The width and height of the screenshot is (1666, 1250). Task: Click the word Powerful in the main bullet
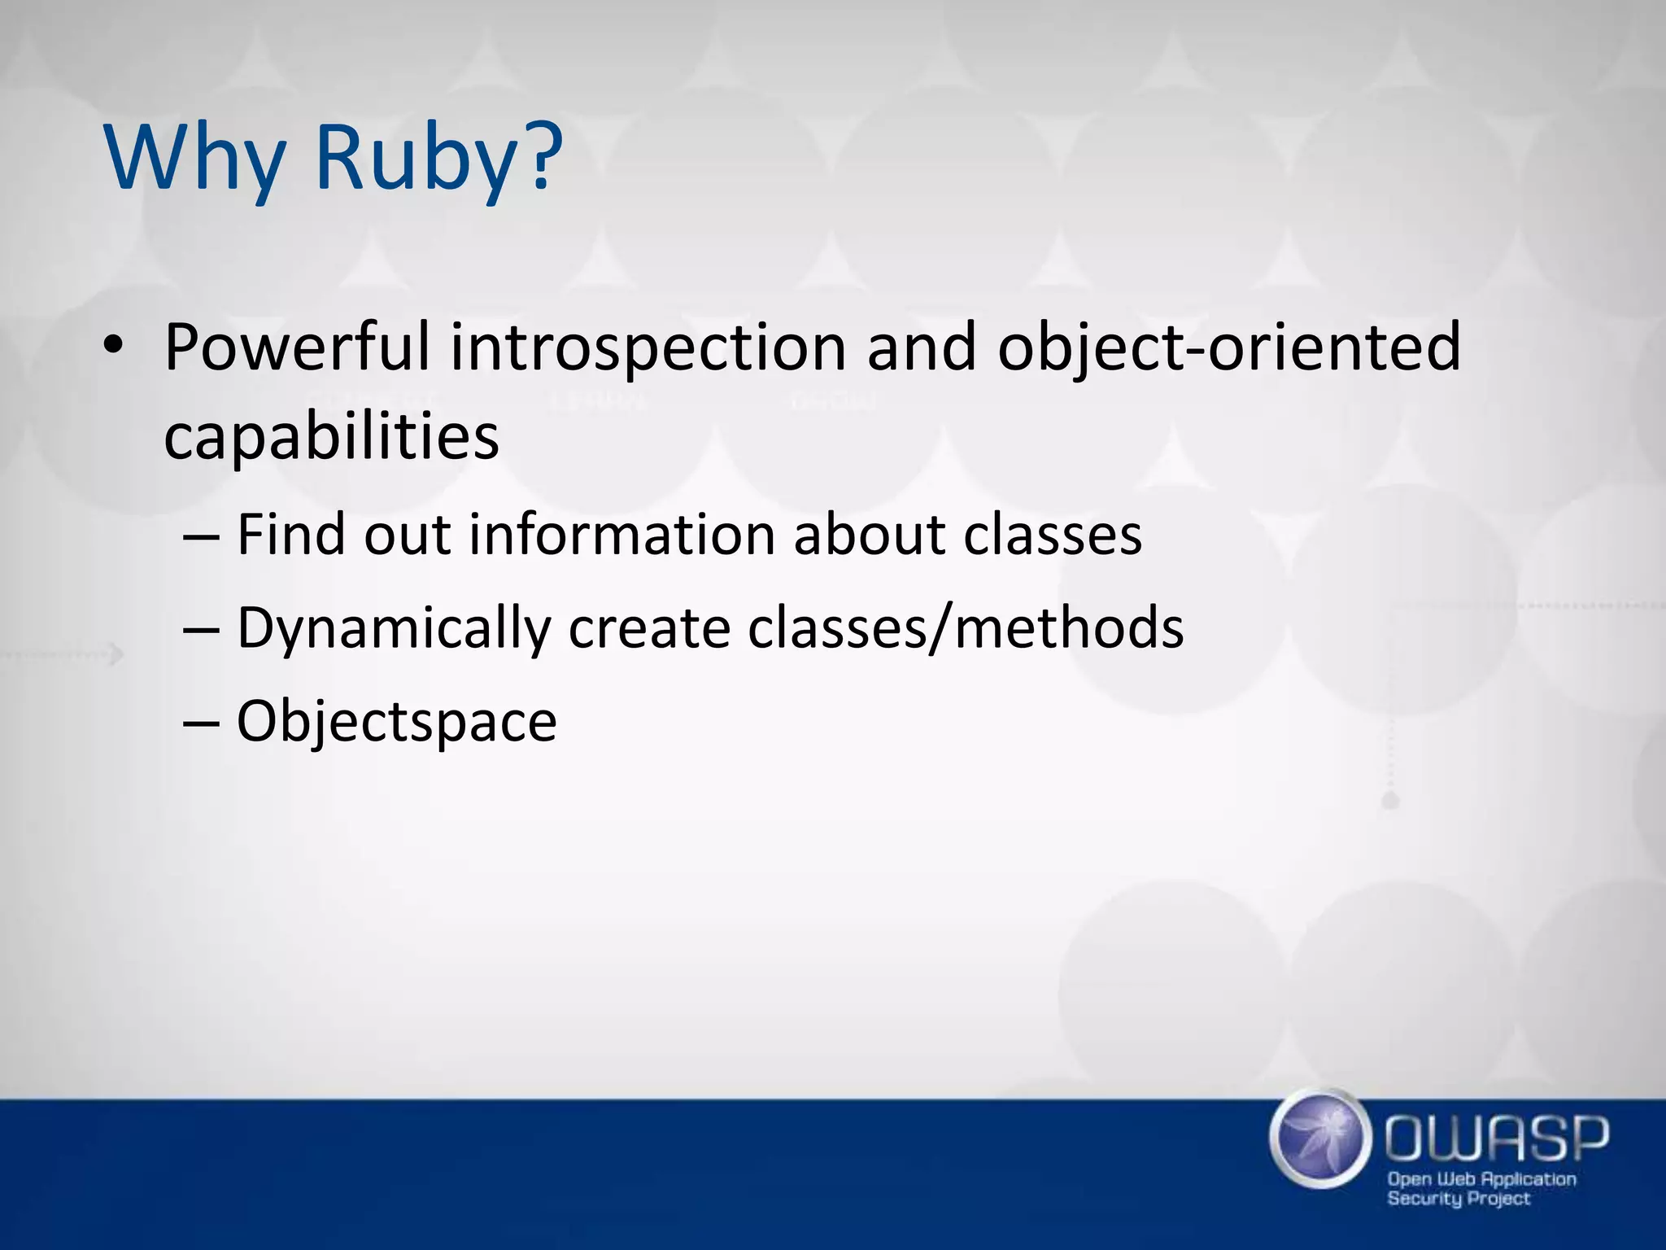tap(296, 347)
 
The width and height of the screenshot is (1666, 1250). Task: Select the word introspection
tap(648, 347)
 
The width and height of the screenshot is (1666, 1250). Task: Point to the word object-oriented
tap(1229, 347)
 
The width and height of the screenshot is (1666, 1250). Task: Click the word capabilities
tap(331, 437)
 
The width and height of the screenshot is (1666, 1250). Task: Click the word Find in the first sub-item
tap(291, 535)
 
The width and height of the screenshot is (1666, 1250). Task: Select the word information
tap(622, 535)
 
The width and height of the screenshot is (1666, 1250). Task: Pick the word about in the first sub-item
tap(870, 535)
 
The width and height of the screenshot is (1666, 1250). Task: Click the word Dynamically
tap(394, 628)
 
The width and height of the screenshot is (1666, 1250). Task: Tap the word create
tap(649, 628)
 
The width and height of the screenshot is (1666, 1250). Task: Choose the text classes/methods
tap(966, 628)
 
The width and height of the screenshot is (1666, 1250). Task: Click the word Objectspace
tap(396, 722)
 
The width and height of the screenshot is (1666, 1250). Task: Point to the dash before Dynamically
tap(201, 630)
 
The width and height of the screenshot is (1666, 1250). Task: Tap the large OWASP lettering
tap(1497, 1139)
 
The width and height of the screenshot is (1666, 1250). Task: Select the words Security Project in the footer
tap(1459, 1199)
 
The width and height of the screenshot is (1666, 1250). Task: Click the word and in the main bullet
tap(921, 347)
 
